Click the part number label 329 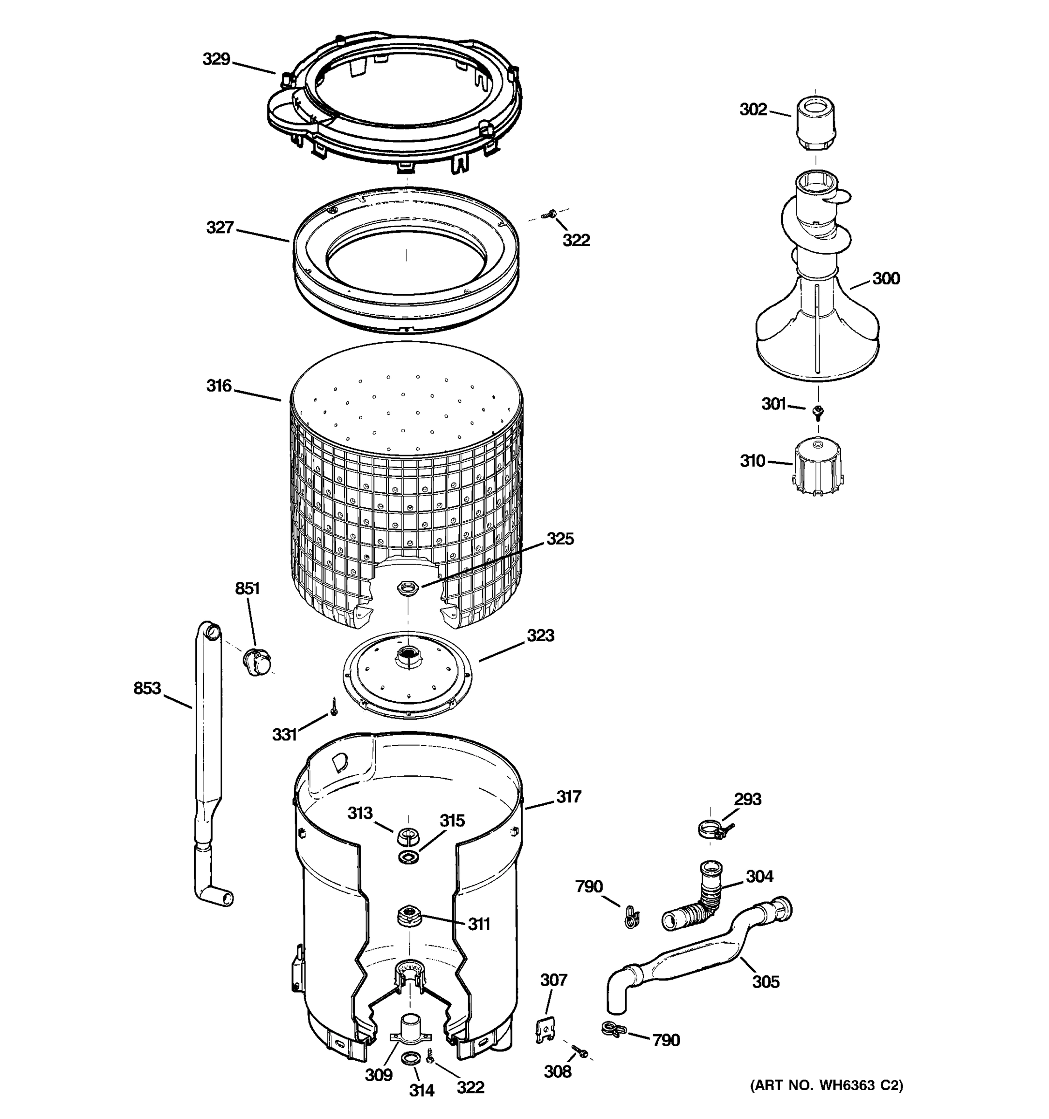[x=216, y=59]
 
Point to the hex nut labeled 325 [x=406, y=589]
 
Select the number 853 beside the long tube [x=147, y=688]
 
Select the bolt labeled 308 [x=580, y=1050]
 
